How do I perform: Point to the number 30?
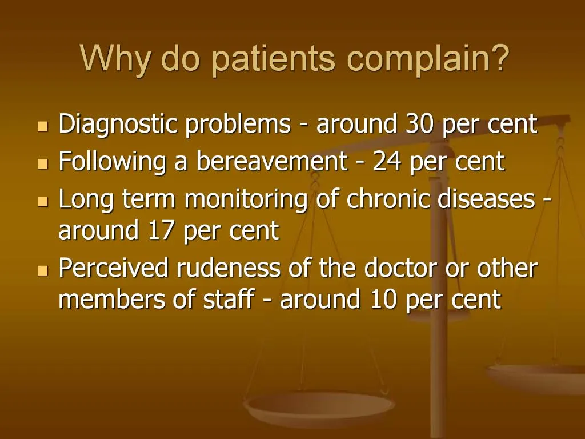coord(420,124)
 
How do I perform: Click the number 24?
coord(387,162)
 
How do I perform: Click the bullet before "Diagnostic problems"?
coord(42,126)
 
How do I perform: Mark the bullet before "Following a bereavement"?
coord(42,163)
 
